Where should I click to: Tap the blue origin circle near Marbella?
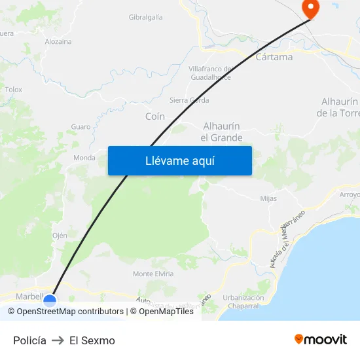pyautogui.click(x=49, y=301)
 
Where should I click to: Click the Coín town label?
pyautogui.click(x=154, y=117)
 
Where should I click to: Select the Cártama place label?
pyautogui.click(x=274, y=57)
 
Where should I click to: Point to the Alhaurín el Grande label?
pyautogui.click(x=221, y=132)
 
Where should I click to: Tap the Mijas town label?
pyautogui.click(x=268, y=198)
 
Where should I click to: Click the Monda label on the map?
pyautogui.click(x=84, y=158)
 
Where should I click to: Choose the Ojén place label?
pyautogui.click(x=60, y=236)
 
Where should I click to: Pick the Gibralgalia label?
pyautogui.click(x=146, y=17)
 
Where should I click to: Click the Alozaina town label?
pyautogui.click(x=58, y=41)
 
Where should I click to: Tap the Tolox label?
pyautogui.click(x=13, y=90)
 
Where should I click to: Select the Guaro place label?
pyautogui.click(x=81, y=126)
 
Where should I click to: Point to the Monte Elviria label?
pyautogui.click(x=153, y=274)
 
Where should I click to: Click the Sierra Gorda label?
pyautogui.click(x=189, y=100)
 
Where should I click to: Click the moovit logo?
pyautogui.click(x=320, y=340)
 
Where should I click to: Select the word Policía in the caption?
pyautogui.click(x=29, y=340)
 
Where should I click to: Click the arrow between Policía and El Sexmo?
pyautogui.click(x=58, y=340)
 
